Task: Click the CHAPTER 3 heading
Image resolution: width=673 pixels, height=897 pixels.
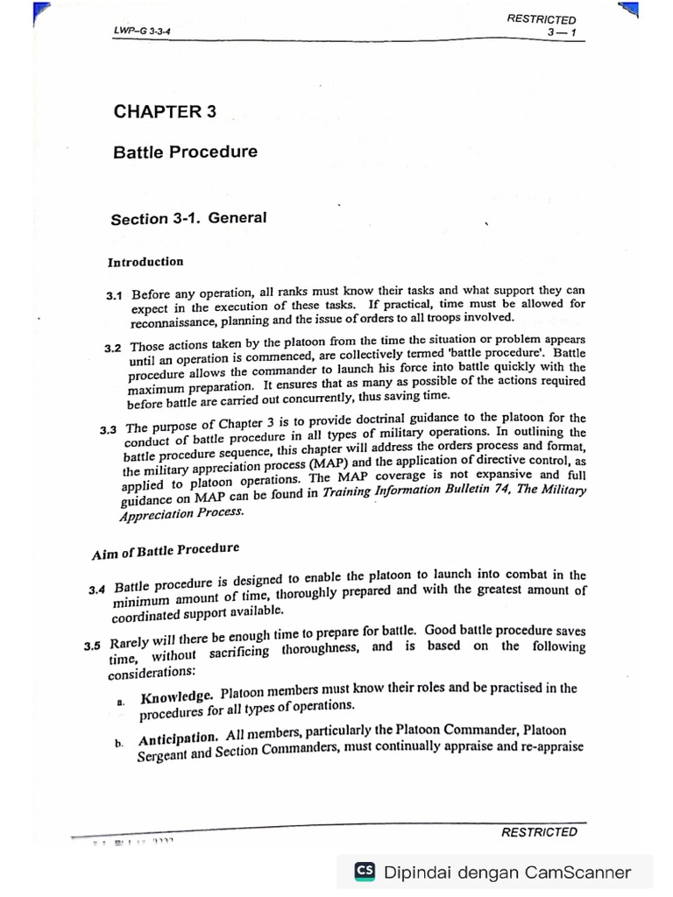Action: click(x=165, y=111)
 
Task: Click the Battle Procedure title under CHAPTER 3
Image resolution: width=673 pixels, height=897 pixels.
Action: click(x=185, y=152)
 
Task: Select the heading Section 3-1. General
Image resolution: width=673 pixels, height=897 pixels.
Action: click(x=188, y=218)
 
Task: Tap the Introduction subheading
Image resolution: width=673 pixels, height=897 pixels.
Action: click(x=145, y=262)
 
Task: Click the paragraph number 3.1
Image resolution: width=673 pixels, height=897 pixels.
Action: click(x=114, y=297)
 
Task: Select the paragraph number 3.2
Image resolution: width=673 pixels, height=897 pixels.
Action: click(x=113, y=349)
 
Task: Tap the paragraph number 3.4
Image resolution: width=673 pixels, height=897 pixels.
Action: click(x=97, y=589)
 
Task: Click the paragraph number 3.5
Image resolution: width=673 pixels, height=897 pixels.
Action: click(x=93, y=647)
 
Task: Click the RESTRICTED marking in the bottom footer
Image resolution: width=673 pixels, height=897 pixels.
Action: click(x=539, y=832)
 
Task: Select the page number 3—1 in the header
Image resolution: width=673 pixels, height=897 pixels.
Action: click(x=557, y=33)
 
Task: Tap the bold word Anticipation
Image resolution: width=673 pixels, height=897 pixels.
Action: click(x=177, y=740)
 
